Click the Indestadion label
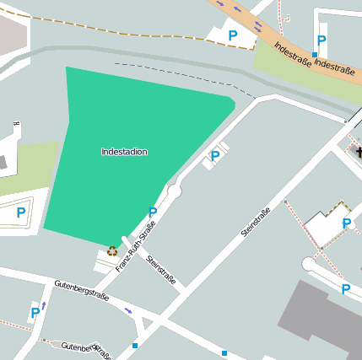pyautogui.click(x=124, y=152)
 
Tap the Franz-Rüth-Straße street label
pyautogui.click(x=135, y=247)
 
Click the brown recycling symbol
pyautogui.click(x=112, y=250)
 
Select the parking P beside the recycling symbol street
pyautogui.click(x=152, y=212)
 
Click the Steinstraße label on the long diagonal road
pyautogui.click(x=255, y=222)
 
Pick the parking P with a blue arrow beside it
pyautogui.click(x=35, y=313)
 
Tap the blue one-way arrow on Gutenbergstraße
pyautogui.click(x=128, y=310)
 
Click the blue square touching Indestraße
pyautogui.click(x=315, y=55)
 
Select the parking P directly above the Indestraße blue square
pyautogui.click(x=321, y=40)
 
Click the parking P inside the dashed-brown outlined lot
pyautogui.click(x=346, y=223)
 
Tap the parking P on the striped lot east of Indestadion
pyautogui.click(x=214, y=156)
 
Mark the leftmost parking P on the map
pyautogui.click(x=20, y=212)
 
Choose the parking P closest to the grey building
pyautogui.click(x=345, y=289)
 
